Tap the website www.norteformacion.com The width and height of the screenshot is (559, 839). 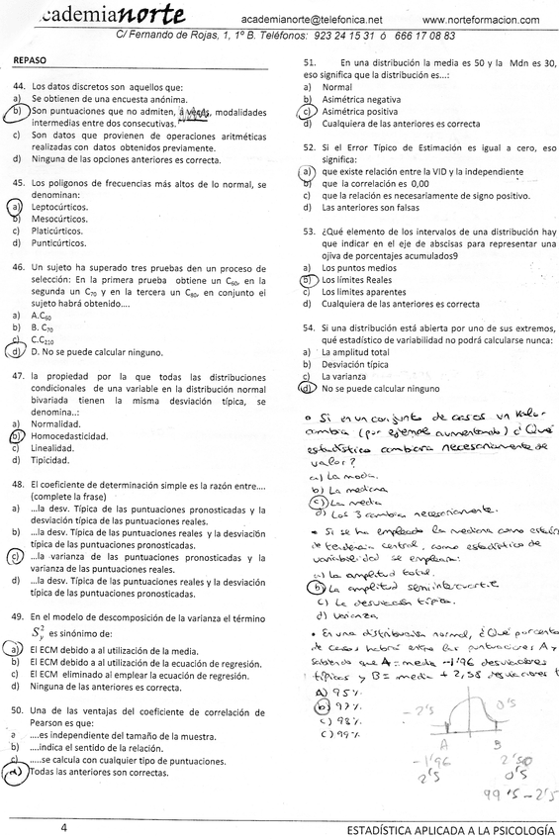pyautogui.click(x=481, y=20)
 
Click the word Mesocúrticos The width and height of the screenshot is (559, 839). pyautogui.click(x=60, y=220)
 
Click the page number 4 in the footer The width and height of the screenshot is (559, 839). pyautogui.click(x=62, y=825)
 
